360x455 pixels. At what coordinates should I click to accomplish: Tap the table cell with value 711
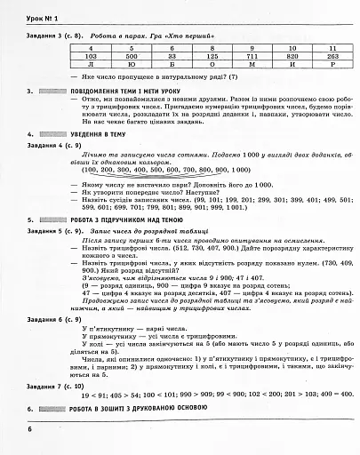click(256, 54)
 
